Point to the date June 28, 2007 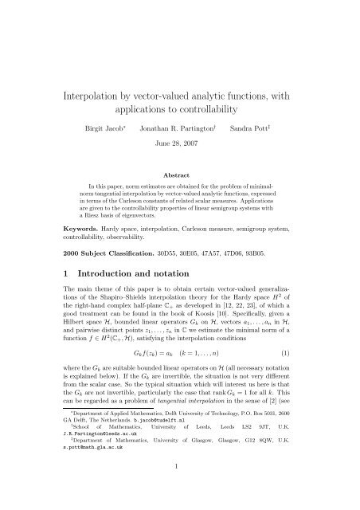point(180,144)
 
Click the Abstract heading point(180,171)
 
